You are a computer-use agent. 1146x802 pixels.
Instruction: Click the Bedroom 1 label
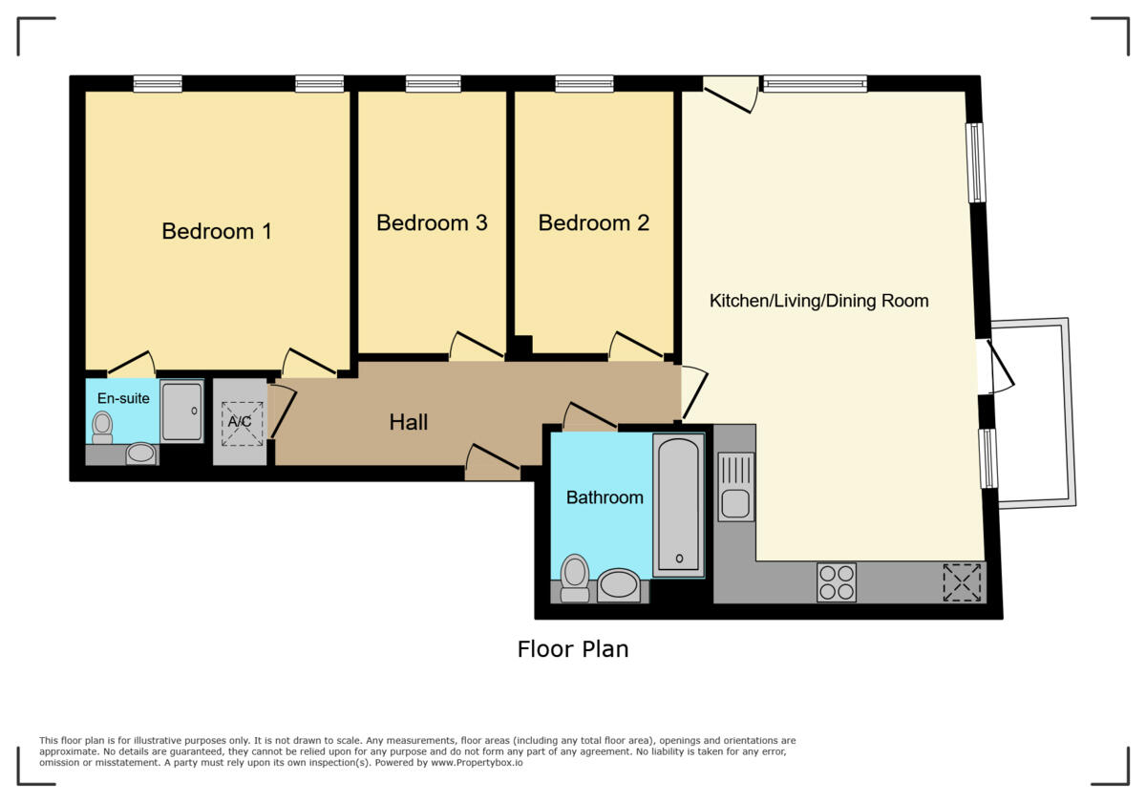217,231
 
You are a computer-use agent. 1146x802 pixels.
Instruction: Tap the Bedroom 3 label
432,222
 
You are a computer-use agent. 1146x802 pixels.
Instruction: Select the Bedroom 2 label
593,222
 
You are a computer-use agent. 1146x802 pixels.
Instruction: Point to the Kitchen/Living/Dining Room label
818,301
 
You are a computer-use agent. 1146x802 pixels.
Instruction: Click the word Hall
408,422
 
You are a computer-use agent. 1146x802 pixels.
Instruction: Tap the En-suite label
123,398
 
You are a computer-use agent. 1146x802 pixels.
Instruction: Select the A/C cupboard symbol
239,422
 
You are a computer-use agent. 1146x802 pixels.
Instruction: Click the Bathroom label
605,497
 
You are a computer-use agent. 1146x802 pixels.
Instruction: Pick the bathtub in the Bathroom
679,504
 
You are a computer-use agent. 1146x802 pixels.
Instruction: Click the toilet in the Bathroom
575,577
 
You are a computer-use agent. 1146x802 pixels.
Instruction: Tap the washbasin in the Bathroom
620,584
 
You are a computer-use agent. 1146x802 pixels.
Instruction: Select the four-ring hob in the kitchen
837,581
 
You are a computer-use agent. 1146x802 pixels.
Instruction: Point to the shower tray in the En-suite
181,412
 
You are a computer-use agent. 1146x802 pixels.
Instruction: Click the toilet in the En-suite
102,428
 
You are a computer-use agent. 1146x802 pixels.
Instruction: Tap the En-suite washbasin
142,454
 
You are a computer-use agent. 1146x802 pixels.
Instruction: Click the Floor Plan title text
573,649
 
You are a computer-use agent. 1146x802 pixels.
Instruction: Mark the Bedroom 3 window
433,84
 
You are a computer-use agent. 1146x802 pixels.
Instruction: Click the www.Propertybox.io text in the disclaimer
475,763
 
